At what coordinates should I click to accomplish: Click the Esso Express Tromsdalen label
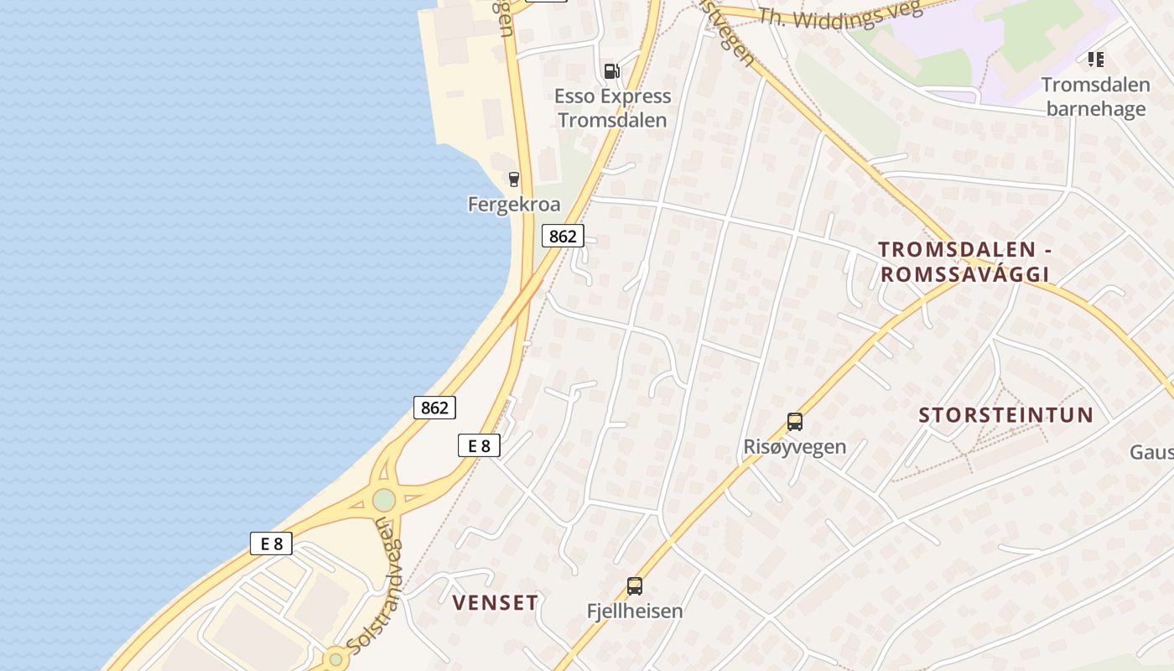point(612,108)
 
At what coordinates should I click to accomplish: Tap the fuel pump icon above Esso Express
point(612,71)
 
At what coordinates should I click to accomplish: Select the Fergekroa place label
point(514,205)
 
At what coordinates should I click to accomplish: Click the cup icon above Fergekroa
point(514,179)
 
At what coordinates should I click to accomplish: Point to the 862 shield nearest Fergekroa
point(562,237)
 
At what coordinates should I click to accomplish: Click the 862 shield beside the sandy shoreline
point(434,408)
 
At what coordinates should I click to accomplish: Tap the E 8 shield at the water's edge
point(271,544)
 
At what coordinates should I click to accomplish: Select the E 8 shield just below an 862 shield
point(479,445)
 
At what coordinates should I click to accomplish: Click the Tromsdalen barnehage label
point(1095,97)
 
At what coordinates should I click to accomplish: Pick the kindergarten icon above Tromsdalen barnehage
point(1095,60)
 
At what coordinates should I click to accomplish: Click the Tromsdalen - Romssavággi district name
point(964,262)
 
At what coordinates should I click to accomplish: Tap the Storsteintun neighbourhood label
point(1006,415)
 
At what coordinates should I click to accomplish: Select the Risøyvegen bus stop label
point(794,446)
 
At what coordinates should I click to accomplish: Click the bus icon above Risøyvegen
point(794,421)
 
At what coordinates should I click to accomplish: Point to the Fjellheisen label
point(635,611)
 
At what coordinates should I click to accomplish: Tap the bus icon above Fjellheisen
point(635,585)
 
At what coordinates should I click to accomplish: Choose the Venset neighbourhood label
point(495,602)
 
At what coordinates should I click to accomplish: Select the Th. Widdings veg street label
point(839,14)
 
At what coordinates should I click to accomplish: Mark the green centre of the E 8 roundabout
point(384,500)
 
